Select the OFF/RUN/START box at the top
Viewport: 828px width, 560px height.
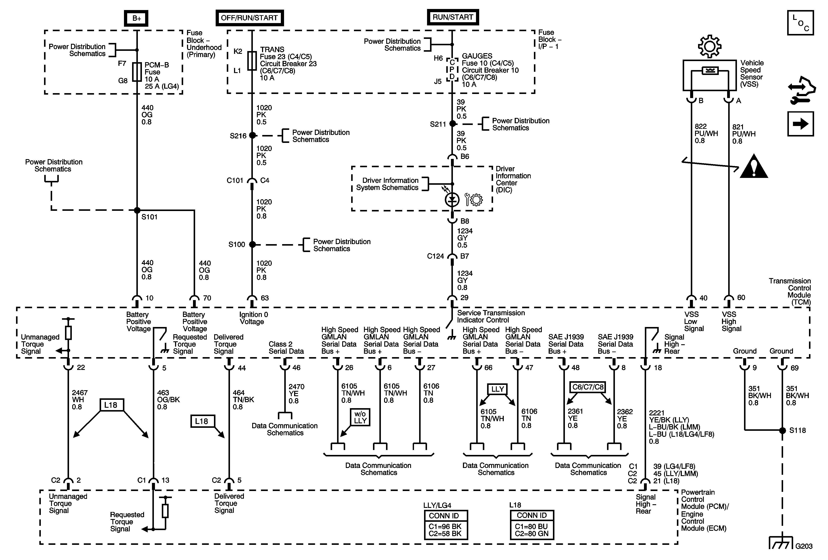tap(249, 18)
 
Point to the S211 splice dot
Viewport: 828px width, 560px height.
tap(452, 123)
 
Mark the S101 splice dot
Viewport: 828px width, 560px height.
tap(137, 210)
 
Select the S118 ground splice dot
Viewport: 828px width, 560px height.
tap(782, 430)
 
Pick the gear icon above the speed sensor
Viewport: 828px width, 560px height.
tap(709, 46)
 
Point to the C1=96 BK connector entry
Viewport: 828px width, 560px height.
tap(445, 526)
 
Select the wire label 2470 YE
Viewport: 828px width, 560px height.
tap(296, 393)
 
